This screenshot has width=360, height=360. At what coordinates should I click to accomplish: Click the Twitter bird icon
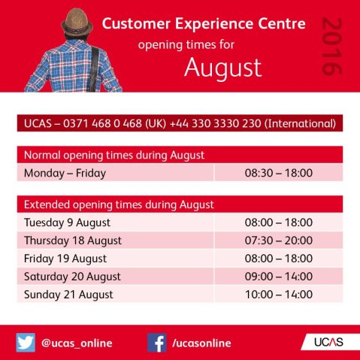pos(26,343)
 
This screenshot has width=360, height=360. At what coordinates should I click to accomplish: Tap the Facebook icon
pos(156,343)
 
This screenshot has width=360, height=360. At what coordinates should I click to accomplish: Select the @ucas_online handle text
pos(77,343)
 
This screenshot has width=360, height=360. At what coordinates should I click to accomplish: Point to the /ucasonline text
pos(201,343)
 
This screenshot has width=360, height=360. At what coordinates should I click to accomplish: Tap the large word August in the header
pos(222,68)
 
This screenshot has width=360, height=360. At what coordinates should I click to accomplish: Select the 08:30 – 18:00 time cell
pos(279,174)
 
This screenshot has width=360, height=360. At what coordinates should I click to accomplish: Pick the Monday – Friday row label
pos(65,174)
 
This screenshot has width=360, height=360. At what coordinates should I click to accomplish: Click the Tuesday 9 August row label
pos(67,222)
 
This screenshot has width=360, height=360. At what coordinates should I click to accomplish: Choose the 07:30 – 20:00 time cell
pos(279,241)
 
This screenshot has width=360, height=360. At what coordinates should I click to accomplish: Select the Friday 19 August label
pos(64,259)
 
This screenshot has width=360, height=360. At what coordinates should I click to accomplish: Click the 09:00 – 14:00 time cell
pos(279,277)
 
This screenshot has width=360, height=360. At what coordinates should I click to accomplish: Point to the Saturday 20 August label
pos(72,277)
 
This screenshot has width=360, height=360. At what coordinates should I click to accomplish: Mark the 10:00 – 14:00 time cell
pos(279,295)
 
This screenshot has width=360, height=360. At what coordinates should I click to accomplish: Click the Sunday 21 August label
pos(68,295)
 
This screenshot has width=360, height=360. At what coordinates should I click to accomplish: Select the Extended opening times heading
pos(119,204)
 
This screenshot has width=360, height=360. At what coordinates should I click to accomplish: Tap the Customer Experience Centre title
pos(203,24)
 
